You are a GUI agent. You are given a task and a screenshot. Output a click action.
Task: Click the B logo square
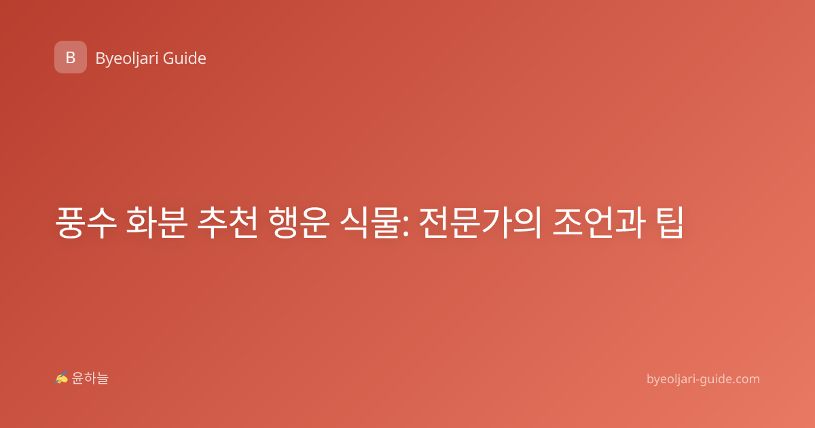pos(71,57)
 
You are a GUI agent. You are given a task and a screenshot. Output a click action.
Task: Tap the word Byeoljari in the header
pos(126,59)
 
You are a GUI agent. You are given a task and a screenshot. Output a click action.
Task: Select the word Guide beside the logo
pos(185,58)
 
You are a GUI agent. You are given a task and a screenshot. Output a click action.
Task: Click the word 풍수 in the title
pos(86,223)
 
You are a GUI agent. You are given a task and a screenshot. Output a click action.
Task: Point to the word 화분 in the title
pos(157,223)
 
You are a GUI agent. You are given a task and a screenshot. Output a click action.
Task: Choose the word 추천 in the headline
pos(228,223)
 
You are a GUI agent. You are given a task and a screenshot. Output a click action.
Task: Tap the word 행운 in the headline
pos(299,223)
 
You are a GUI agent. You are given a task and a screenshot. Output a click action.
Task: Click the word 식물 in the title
pos(370,223)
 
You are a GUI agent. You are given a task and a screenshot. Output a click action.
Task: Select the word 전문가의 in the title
pos(480,223)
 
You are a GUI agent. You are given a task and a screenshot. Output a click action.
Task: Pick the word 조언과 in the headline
pos(599,223)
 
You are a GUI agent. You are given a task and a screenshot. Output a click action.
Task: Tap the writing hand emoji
pos(62,378)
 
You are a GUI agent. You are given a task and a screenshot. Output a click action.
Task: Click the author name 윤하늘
pos(90,378)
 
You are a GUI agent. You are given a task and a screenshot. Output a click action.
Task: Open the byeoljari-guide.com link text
pos(703,379)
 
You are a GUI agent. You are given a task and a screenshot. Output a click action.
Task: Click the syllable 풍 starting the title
pos(69,223)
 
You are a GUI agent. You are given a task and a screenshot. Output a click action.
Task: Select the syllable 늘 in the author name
pos(103,378)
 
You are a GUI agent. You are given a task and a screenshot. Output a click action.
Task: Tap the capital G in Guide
pos(168,58)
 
